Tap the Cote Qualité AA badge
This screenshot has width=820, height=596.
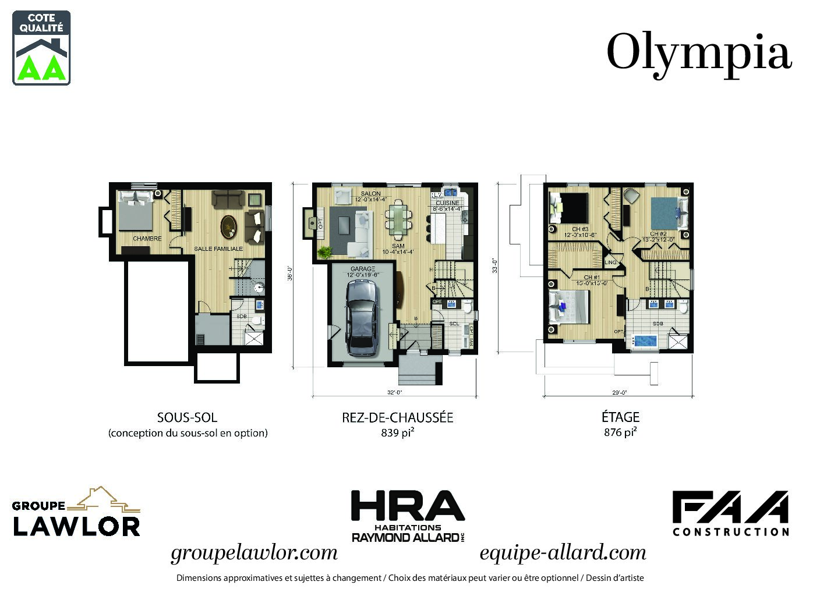point(41,48)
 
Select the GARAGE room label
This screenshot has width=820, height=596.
point(363,269)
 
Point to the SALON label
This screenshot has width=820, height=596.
point(371,194)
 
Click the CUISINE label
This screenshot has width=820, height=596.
point(447,203)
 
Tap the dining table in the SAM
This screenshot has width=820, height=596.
point(398,219)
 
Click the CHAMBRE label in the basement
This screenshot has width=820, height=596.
point(147,239)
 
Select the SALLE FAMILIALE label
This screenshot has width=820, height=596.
point(218,249)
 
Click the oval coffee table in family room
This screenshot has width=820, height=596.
point(228,226)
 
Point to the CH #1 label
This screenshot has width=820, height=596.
point(592,278)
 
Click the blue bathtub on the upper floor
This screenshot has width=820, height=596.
point(645,340)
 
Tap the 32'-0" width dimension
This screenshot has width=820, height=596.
point(395,392)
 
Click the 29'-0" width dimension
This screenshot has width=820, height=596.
point(618,392)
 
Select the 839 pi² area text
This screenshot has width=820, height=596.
point(397,432)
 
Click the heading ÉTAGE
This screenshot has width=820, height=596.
point(620,417)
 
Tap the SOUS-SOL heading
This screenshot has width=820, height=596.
point(187,417)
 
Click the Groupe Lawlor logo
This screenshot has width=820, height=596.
point(76,512)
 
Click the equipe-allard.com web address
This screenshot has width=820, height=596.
point(563,552)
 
